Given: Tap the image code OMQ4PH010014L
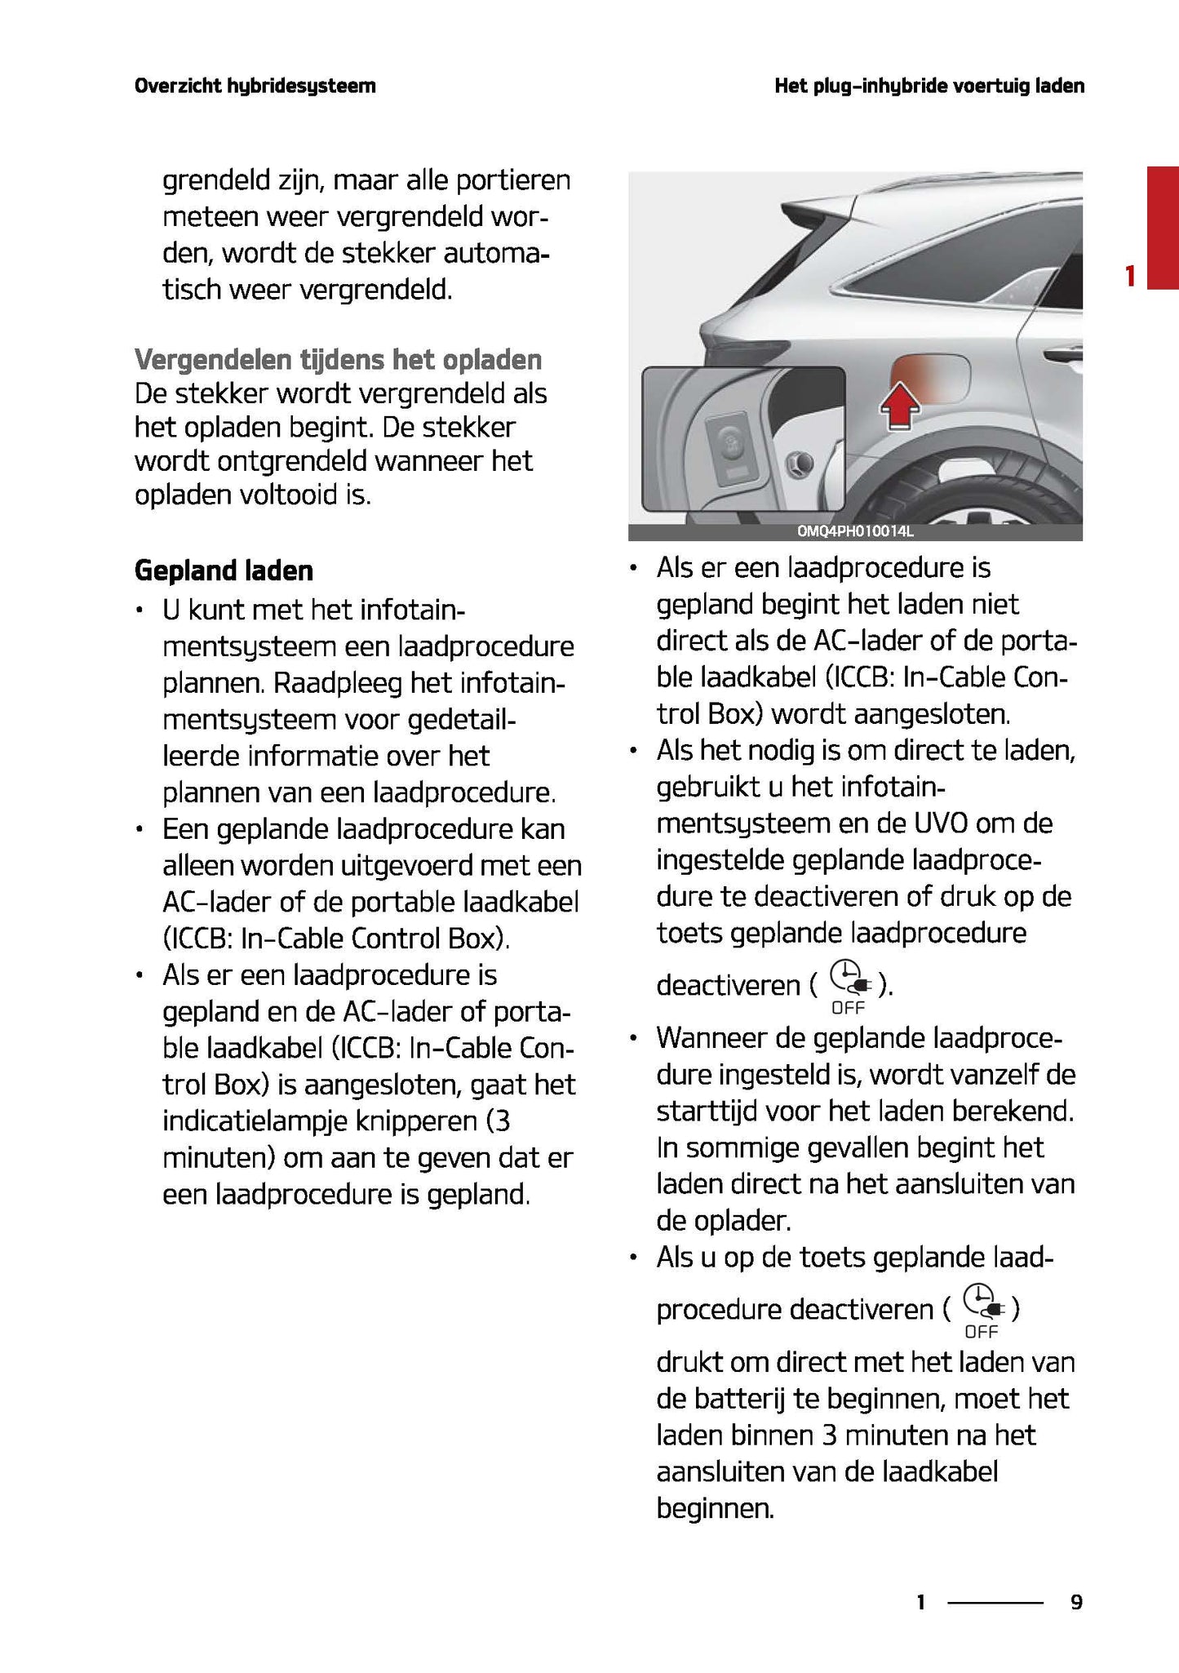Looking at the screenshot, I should click(855, 532).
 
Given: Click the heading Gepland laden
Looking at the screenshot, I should click(224, 570).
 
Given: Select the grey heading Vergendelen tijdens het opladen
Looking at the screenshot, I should click(338, 359).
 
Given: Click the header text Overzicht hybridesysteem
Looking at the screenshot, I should click(255, 86).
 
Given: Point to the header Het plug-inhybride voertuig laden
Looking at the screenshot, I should click(929, 86).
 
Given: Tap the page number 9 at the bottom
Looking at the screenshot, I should click(1076, 1602).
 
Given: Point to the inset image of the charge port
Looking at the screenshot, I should click(742, 438).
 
